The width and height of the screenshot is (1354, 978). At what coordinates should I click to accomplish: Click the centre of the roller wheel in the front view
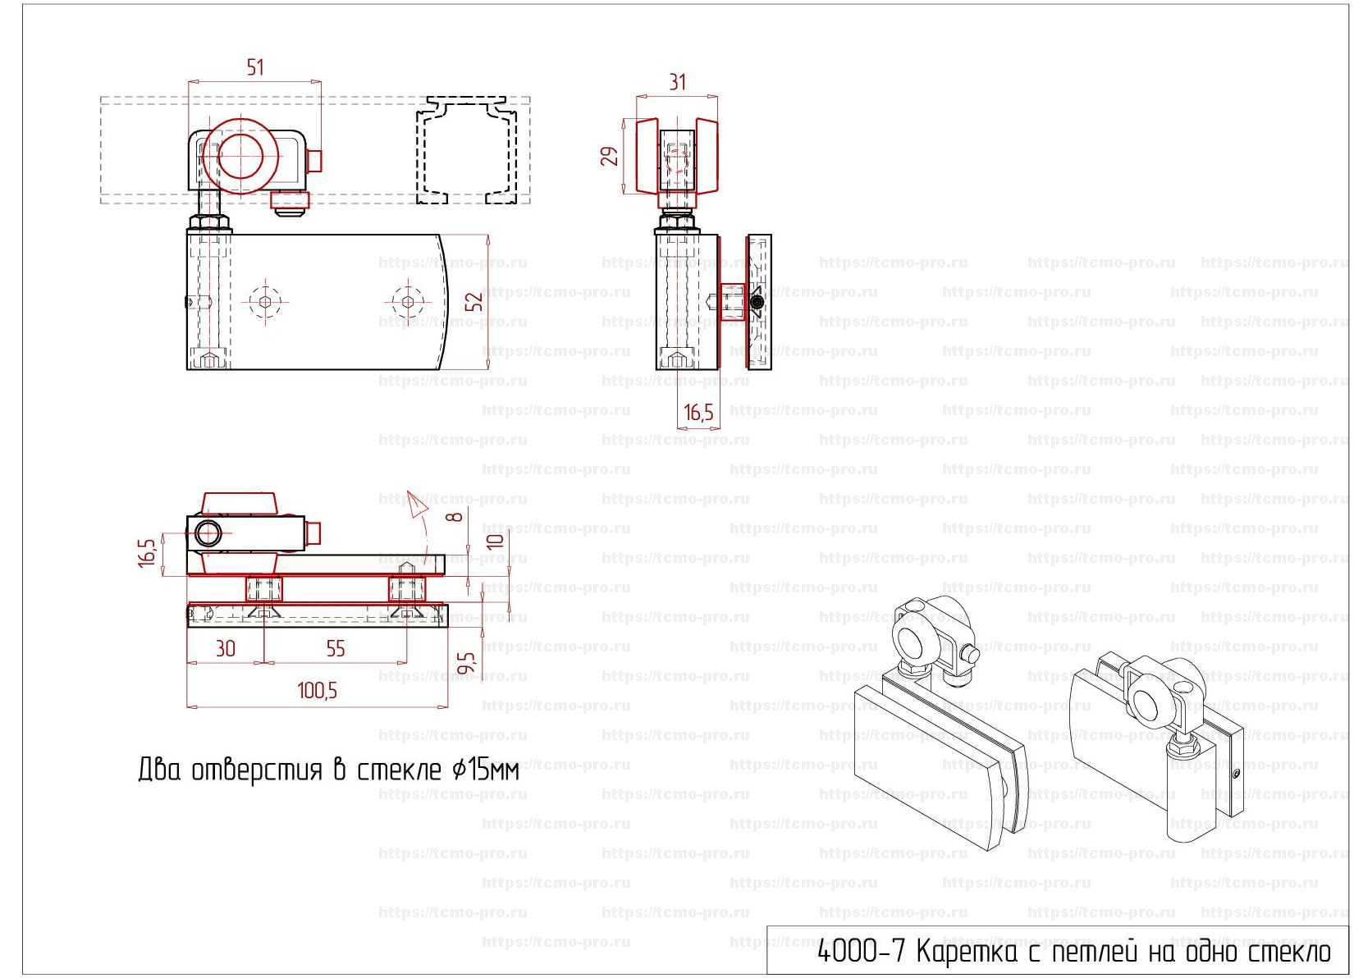(240, 156)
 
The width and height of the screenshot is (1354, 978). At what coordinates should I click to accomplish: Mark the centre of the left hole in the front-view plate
(265, 302)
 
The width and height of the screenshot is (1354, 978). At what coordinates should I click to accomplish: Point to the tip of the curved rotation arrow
(409, 491)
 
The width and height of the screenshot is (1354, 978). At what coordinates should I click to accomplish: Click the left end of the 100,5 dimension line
(187, 706)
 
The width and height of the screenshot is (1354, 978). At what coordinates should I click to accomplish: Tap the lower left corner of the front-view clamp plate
(186, 369)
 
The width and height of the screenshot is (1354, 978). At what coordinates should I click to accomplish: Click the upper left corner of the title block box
(767, 926)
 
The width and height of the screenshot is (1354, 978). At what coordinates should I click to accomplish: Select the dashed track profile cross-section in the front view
(467, 149)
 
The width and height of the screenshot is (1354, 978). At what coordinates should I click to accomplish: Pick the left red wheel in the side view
(647, 155)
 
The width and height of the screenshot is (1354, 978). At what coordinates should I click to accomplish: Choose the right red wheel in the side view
(707, 155)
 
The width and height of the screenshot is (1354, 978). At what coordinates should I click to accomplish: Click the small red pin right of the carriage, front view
(315, 161)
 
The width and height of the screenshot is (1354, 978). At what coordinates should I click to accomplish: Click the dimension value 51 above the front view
(255, 67)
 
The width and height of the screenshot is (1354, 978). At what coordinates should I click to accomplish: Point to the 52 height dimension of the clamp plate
(477, 302)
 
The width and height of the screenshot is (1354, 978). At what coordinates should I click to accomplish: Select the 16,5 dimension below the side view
(698, 413)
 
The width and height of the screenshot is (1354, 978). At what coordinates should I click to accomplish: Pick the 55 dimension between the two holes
(336, 648)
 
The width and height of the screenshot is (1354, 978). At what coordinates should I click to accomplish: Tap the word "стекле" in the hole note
(398, 770)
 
